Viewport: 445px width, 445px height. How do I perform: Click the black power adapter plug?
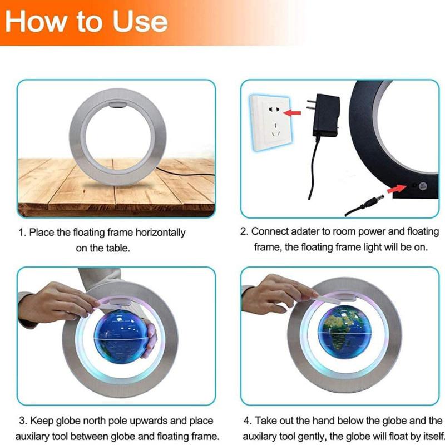pyautogui.click(x=325, y=117)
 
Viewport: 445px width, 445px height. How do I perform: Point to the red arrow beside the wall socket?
pyautogui.click(x=294, y=113)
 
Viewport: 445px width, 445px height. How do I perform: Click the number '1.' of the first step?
pyautogui.click(x=22, y=233)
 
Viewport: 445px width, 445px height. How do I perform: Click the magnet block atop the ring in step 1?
pyautogui.click(x=117, y=103)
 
